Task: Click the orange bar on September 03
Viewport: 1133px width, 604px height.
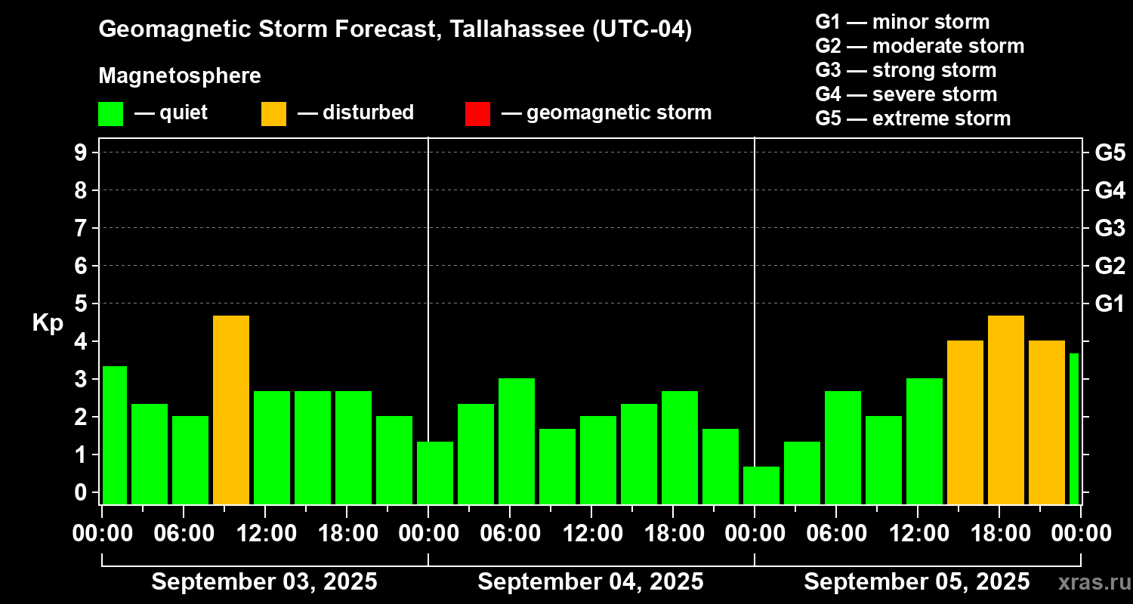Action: pos(231,410)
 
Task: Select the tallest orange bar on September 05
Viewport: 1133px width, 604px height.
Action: pos(1006,410)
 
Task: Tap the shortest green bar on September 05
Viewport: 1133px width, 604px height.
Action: pos(761,485)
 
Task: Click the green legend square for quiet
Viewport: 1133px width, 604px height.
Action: pos(110,113)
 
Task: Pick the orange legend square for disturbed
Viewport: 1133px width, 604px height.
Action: pos(273,113)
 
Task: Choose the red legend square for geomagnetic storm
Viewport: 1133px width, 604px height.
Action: pos(477,113)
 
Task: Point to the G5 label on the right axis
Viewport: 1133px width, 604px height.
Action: pos(1110,153)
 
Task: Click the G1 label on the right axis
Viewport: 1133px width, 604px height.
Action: pos(1110,304)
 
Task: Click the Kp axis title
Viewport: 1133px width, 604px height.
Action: pos(48,323)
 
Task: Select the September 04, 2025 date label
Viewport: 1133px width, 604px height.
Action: pos(591,581)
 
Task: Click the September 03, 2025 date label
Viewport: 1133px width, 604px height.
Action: pos(264,581)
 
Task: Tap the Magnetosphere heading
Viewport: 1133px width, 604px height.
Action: pos(180,76)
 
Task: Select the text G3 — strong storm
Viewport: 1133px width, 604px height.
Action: pos(906,70)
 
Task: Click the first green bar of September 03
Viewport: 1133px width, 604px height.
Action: pos(115,435)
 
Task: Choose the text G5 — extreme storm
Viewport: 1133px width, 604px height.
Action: pos(912,119)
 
